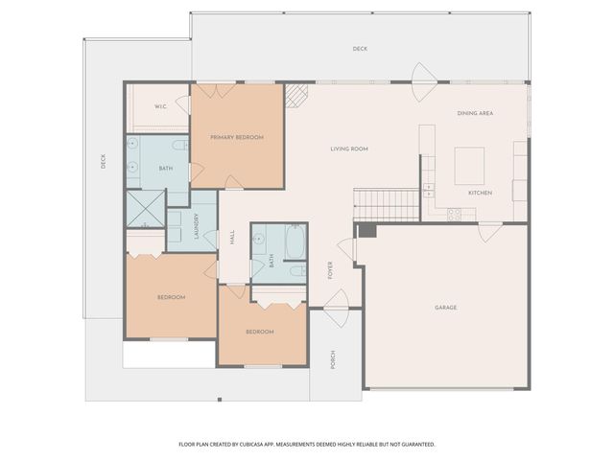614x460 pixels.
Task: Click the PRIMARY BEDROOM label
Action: (x=237, y=137)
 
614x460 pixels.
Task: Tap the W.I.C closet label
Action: (x=159, y=106)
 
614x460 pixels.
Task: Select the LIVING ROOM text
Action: (x=349, y=149)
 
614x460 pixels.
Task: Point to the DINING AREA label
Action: (x=475, y=114)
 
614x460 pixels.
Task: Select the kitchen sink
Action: (x=429, y=188)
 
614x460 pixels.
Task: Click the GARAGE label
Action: (x=445, y=308)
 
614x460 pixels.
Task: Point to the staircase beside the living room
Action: (x=386, y=203)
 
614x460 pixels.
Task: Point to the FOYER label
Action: (x=330, y=270)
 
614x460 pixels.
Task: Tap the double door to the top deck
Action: (x=422, y=76)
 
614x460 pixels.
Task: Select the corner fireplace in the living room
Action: (x=297, y=94)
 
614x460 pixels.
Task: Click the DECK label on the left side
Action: (x=104, y=163)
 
